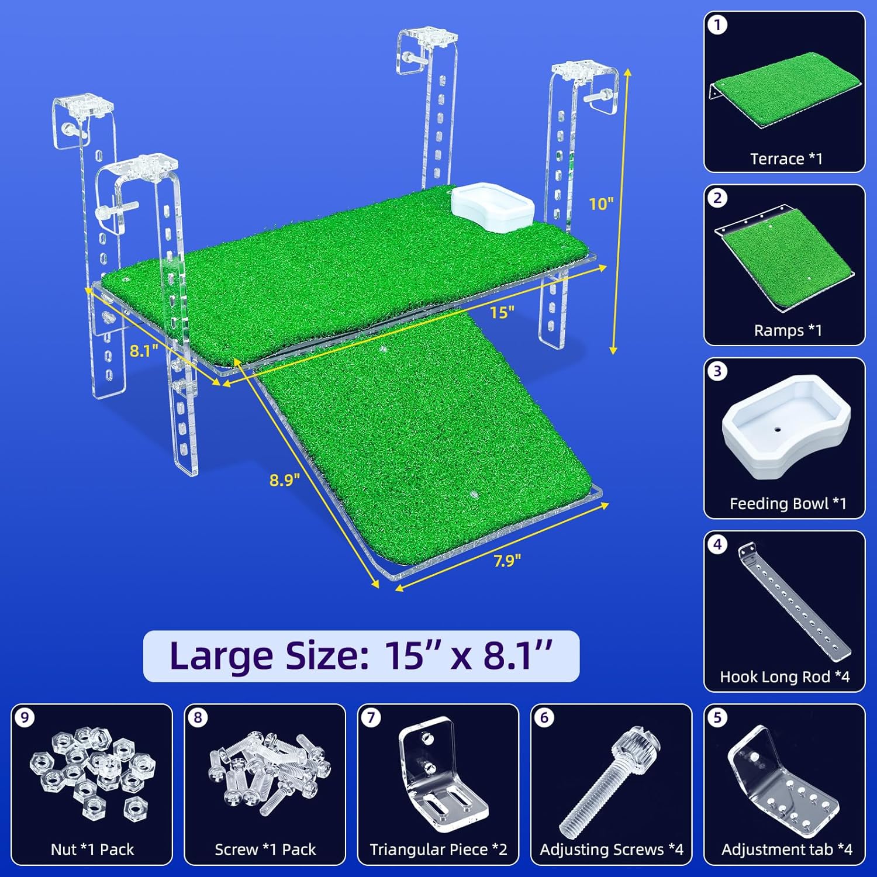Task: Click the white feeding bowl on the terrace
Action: point(492,207)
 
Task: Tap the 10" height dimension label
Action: point(601,203)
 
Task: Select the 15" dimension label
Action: point(502,312)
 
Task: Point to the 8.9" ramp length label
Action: point(285,480)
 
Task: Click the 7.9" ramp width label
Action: point(507,561)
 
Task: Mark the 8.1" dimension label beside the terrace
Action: point(144,351)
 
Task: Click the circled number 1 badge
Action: point(717,25)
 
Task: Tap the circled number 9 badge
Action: point(25,717)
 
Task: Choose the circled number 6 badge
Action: point(544,717)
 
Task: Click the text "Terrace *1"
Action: point(786,159)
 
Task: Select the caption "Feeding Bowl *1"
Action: point(788,503)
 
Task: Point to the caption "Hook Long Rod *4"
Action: point(785,676)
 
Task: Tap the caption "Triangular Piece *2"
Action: point(438,850)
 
